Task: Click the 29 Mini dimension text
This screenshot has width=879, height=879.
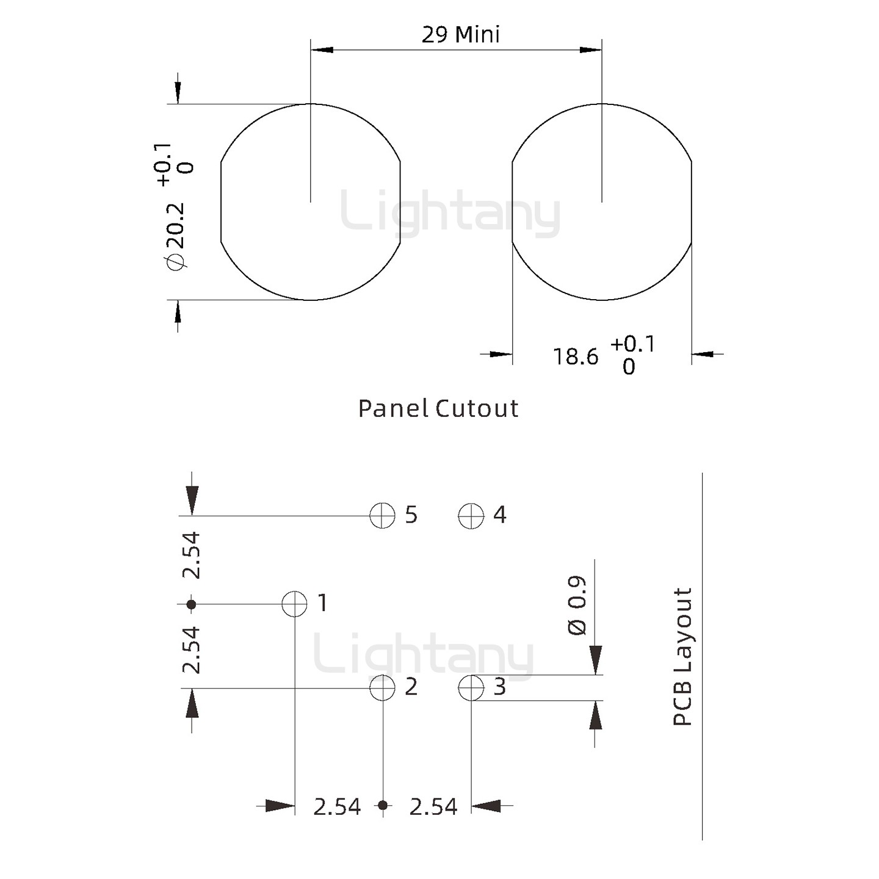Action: [460, 34]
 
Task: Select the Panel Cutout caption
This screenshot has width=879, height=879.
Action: [438, 408]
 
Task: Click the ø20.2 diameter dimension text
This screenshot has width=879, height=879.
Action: [175, 235]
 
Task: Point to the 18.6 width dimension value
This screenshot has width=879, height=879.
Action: [576, 356]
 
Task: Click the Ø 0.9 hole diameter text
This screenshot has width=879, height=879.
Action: [577, 605]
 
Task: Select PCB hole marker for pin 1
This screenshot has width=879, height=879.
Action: [295, 604]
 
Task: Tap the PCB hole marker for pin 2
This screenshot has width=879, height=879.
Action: [383, 688]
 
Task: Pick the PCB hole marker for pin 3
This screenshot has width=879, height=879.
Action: [471, 688]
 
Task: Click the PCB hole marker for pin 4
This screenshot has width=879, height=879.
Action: [471, 516]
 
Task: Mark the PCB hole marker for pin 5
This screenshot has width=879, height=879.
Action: [383, 516]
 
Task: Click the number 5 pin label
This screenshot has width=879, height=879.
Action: [411, 515]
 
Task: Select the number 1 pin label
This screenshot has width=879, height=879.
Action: [323, 603]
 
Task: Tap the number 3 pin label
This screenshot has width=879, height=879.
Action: [499, 687]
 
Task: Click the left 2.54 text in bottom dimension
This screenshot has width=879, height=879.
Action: [337, 807]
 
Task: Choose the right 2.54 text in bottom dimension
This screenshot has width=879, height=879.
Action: [433, 807]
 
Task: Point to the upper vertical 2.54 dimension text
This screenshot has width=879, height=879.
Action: [192, 555]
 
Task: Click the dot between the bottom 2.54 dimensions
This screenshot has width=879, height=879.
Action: [383, 805]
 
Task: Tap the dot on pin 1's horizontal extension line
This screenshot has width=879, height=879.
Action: [191, 604]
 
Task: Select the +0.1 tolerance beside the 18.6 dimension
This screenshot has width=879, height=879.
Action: [632, 344]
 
